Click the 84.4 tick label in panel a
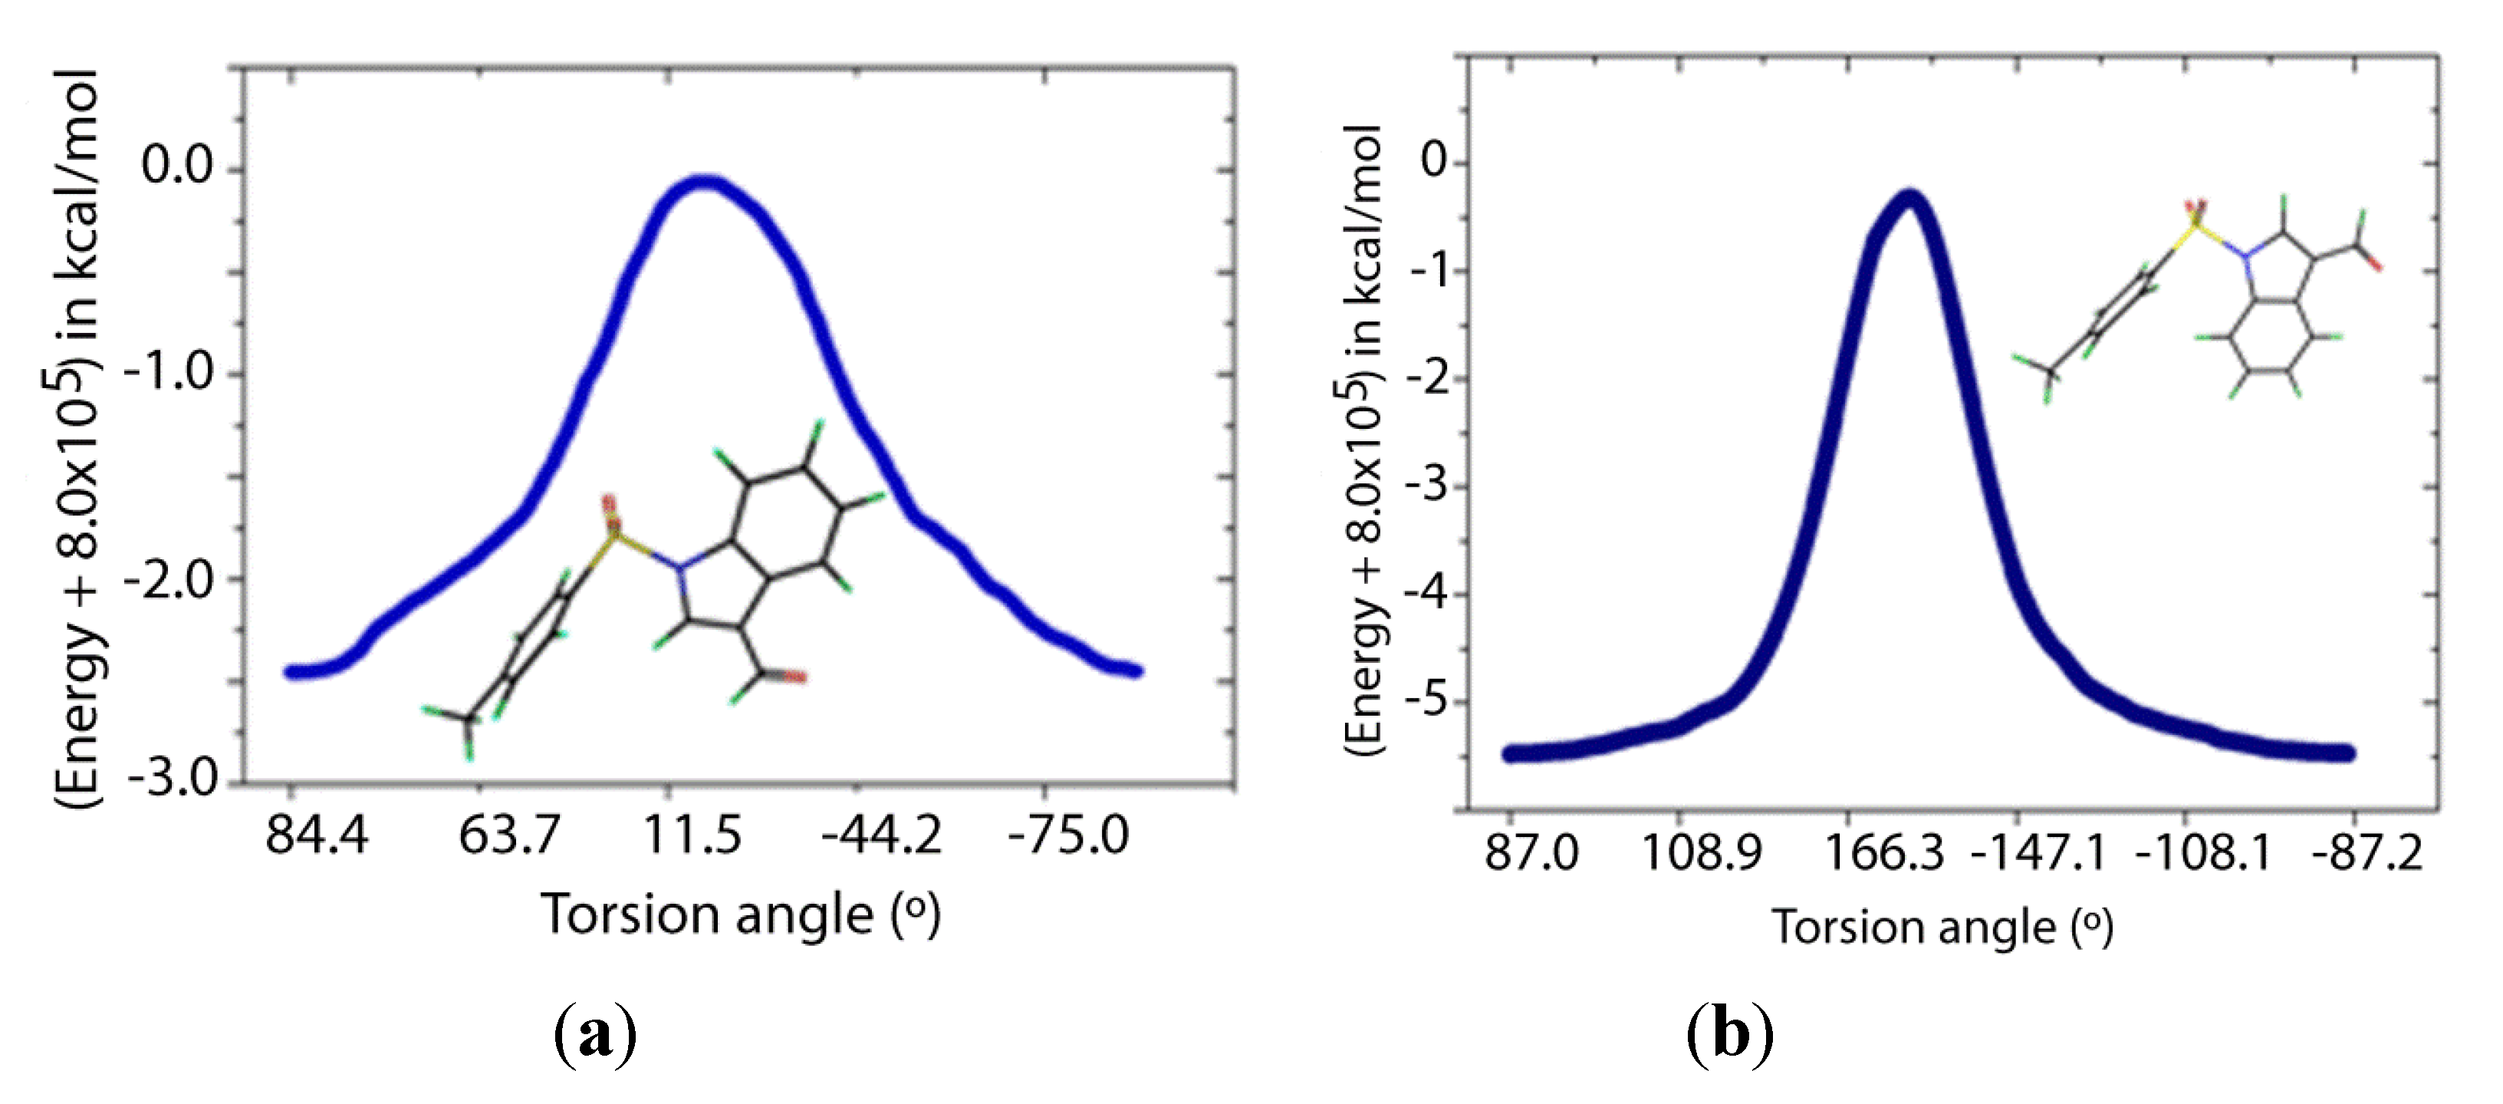click(317, 835)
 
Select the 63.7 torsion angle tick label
click(509, 835)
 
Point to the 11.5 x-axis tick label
click(692, 835)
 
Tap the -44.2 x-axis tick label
click(880, 835)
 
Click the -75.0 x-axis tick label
click(1068, 835)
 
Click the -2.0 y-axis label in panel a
click(171, 580)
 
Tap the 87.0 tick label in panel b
click(1531, 853)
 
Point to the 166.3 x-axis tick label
click(1884, 853)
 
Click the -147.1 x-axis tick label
click(2038, 853)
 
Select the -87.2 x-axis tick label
click(2367, 853)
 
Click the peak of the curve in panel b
click(1910, 198)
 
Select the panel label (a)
click(594, 1035)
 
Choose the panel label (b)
click(1729, 1035)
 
